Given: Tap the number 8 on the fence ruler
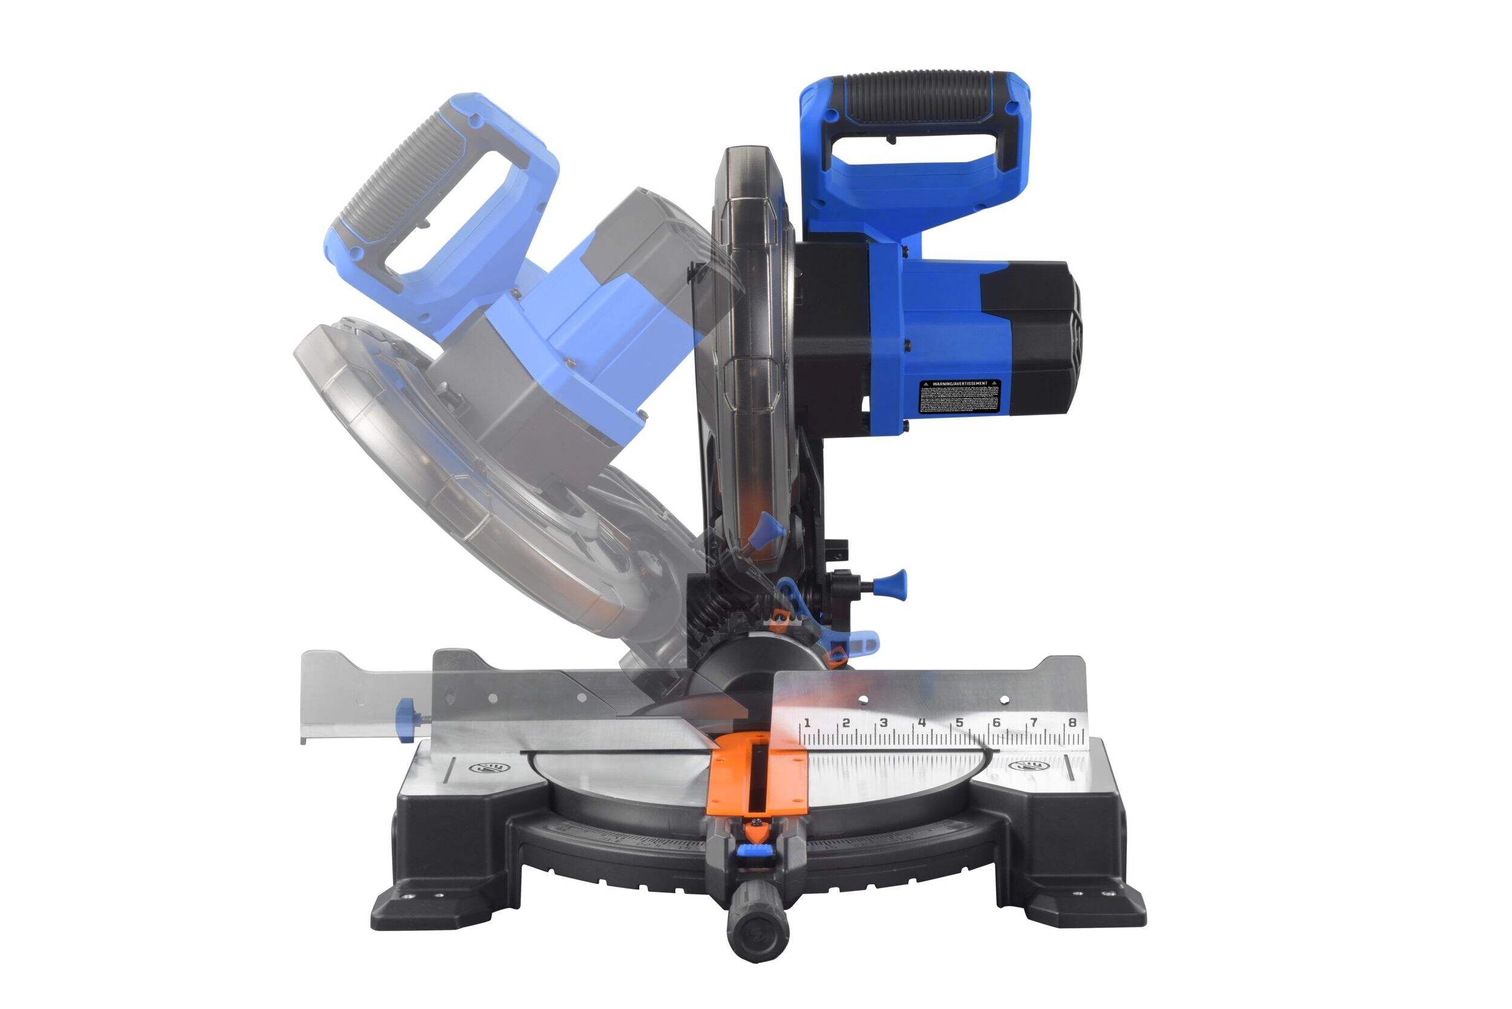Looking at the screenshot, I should coord(1072,723).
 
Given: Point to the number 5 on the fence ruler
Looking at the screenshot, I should coord(959,722).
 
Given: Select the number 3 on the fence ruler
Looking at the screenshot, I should coord(884,722).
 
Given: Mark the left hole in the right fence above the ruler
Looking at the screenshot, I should coord(864,698).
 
